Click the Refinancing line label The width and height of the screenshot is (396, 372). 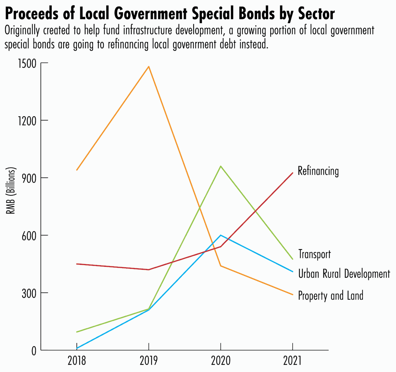point(318,171)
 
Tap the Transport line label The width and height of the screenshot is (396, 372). point(314,254)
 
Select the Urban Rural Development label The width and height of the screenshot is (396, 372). point(344,274)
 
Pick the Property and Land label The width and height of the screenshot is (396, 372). point(330,295)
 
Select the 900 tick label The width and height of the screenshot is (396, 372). point(28,178)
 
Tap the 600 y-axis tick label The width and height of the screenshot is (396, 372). point(28,235)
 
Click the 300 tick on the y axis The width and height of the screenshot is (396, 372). point(28,293)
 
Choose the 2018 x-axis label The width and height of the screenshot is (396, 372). point(77,360)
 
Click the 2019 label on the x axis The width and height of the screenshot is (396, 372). point(148,360)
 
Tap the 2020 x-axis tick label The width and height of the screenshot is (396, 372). point(220,360)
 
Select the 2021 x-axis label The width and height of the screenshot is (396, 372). point(292,360)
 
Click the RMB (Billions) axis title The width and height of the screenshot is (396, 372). point(11,191)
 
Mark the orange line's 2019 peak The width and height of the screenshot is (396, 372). point(149,67)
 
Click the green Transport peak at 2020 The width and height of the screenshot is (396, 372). point(221,166)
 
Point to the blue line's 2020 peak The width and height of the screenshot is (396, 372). point(221,235)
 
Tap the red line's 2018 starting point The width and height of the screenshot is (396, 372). point(77,264)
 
